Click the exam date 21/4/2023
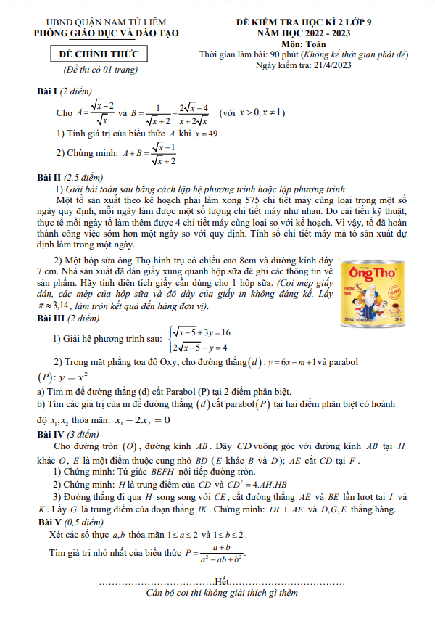[341, 67]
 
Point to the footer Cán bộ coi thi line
[222, 593]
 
